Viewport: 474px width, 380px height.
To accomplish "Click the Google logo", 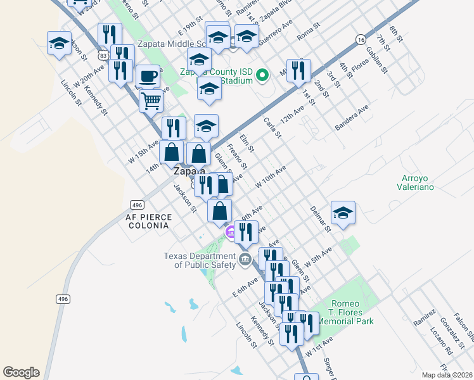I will (21, 372).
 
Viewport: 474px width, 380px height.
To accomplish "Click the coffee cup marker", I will (148, 77).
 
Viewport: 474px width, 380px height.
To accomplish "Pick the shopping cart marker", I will (151, 99).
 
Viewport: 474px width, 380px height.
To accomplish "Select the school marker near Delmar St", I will (343, 213).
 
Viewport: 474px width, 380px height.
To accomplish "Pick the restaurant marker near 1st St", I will (298, 71).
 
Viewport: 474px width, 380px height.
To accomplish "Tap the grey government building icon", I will (245, 258).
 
